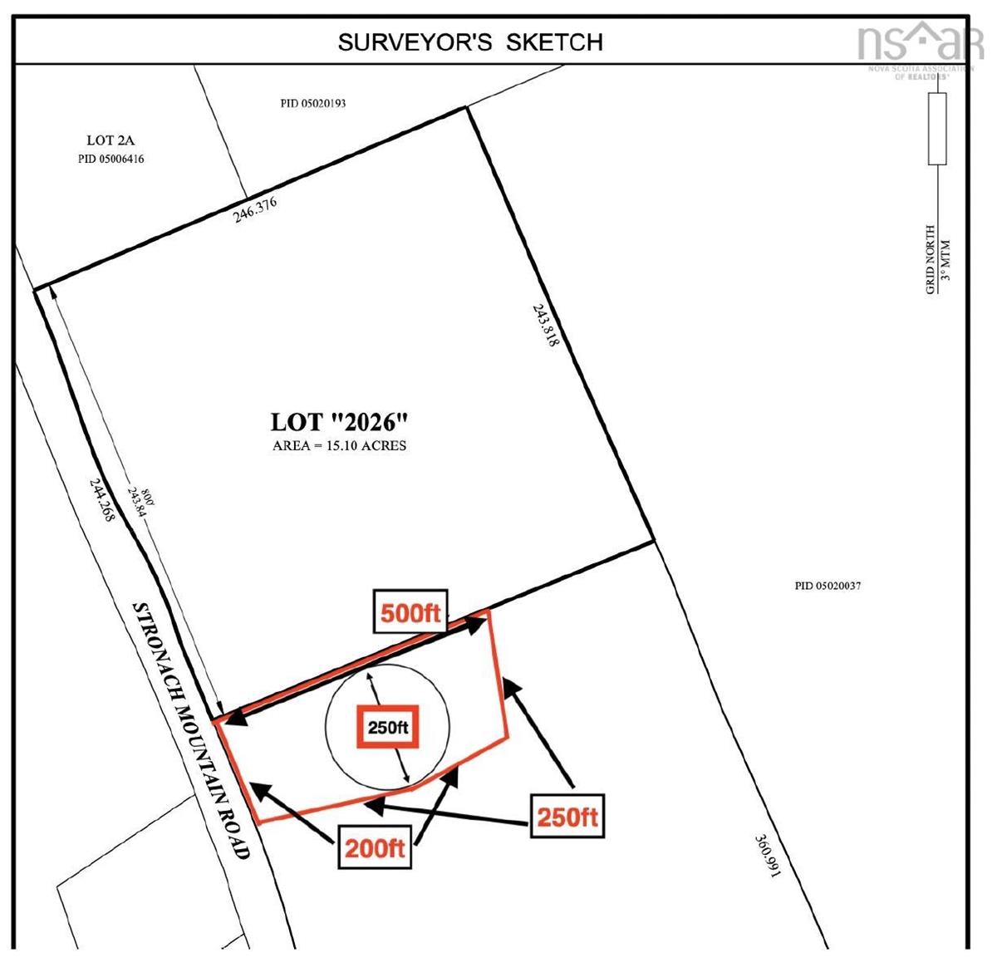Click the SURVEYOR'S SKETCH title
(x=470, y=42)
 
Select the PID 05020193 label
(x=313, y=104)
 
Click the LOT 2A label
(x=111, y=140)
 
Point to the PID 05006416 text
(x=111, y=159)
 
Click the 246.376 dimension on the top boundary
(x=254, y=210)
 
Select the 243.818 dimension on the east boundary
(x=545, y=323)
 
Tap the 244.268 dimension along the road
(x=101, y=499)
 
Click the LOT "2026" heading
(x=340, y=422)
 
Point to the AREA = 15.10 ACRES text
(x=340, y=445)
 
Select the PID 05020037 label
(x=828, y=586)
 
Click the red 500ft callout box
(x=410, y=613)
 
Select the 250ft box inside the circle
(x=388, y=728)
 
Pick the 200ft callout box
(x=375, y=848)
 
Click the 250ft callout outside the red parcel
(x=567, y=817)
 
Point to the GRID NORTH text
(x=931, y=258)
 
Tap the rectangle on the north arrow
(x=937, y=129)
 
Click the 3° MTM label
(x=945, y=259)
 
